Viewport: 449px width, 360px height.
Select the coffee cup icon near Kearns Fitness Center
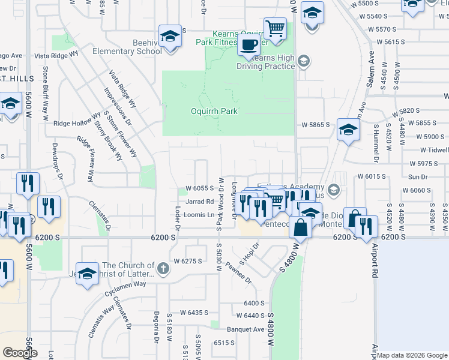tap(248, 44)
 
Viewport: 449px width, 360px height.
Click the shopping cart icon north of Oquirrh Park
tap(275, 28)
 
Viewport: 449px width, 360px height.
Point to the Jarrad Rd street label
tap(200, 202)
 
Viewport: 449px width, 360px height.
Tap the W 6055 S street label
tap(200, 188)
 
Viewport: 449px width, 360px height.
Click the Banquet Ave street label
tap(246, 329)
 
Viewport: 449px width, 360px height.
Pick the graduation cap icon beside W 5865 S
tap(348, 129)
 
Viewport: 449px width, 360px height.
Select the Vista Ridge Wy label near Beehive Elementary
tap(57, 54)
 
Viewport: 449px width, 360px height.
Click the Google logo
tap(20, 353)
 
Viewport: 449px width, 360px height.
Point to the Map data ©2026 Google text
tap(412, 355)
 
